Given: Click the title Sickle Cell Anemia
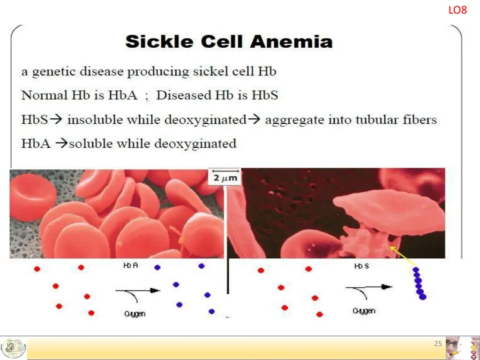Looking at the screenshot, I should coord(229,42).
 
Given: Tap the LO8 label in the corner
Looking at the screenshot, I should coord(457,10).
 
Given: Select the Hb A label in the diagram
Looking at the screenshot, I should coord(130,266).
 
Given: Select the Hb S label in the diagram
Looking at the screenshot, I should coord(361,266).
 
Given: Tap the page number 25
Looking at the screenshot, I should coord(438,344).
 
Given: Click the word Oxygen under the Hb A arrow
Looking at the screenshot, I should coord(134,314).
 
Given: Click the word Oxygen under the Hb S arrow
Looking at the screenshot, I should coord(364,310).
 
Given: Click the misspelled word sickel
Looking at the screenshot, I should coord(214,72).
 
